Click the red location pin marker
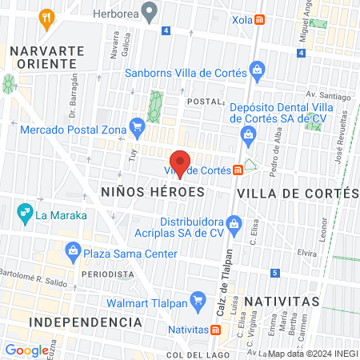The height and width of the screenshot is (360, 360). click(181, 163)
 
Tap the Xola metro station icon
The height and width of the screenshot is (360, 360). click(259, 21)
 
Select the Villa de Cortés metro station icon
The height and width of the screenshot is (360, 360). click(238, 170)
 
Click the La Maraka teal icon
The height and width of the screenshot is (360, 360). click(23, 214)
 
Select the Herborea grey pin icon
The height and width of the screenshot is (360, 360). click(148, 12)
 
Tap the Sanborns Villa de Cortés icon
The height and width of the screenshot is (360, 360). click(256, 70)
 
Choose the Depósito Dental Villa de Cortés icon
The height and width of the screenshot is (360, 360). click(249, 133)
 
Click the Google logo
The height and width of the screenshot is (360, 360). click(26, 350)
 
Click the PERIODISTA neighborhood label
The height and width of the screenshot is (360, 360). click(106, 274)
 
